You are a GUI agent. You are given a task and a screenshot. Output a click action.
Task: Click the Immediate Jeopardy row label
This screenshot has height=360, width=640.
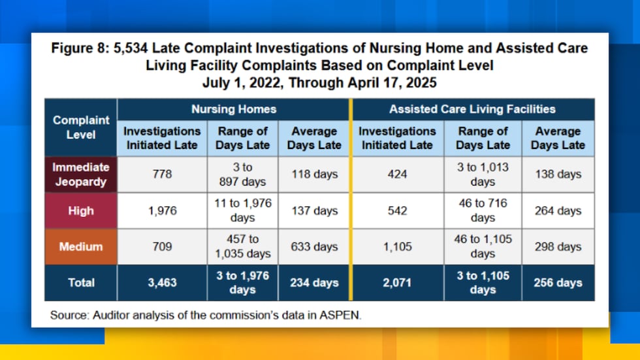click(x=81, y=174)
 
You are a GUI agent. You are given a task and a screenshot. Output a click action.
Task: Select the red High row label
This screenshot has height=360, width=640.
click(x=81, y=210)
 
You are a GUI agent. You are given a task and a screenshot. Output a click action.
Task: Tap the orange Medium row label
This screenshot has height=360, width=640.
click(x=81, y=246)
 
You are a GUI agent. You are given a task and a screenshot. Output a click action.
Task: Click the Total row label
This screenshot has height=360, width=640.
click(x=81, y=282)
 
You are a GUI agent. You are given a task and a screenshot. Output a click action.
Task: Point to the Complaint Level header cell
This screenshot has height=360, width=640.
click(x=81, y=127)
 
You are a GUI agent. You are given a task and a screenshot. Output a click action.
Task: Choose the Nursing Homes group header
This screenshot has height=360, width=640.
click(x=233, y=109)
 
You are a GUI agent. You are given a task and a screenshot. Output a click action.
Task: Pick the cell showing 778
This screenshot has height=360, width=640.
click(x=163, y=174)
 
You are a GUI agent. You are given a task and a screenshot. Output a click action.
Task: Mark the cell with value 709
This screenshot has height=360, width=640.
click(x=163, y=246)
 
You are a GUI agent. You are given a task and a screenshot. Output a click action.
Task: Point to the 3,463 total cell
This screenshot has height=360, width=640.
click(x=163, y=282)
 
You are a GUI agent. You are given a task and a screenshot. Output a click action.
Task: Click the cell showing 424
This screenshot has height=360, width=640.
click(x=397, y=174)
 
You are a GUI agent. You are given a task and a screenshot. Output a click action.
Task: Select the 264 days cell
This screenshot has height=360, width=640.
click(x=558, y=210)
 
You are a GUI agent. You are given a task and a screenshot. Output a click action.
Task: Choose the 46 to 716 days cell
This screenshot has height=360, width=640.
click(x=483, y=210)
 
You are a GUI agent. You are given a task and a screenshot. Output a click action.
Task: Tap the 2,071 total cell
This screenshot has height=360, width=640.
click(x=397, y=282)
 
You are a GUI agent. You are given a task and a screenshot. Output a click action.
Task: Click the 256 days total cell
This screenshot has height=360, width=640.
click(x=558, y=282)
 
